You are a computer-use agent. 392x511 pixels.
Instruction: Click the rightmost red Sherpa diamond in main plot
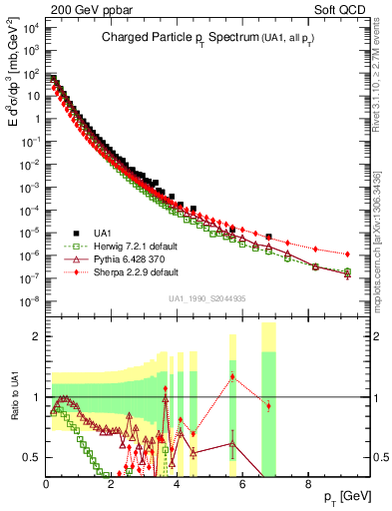tap(347, 255)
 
